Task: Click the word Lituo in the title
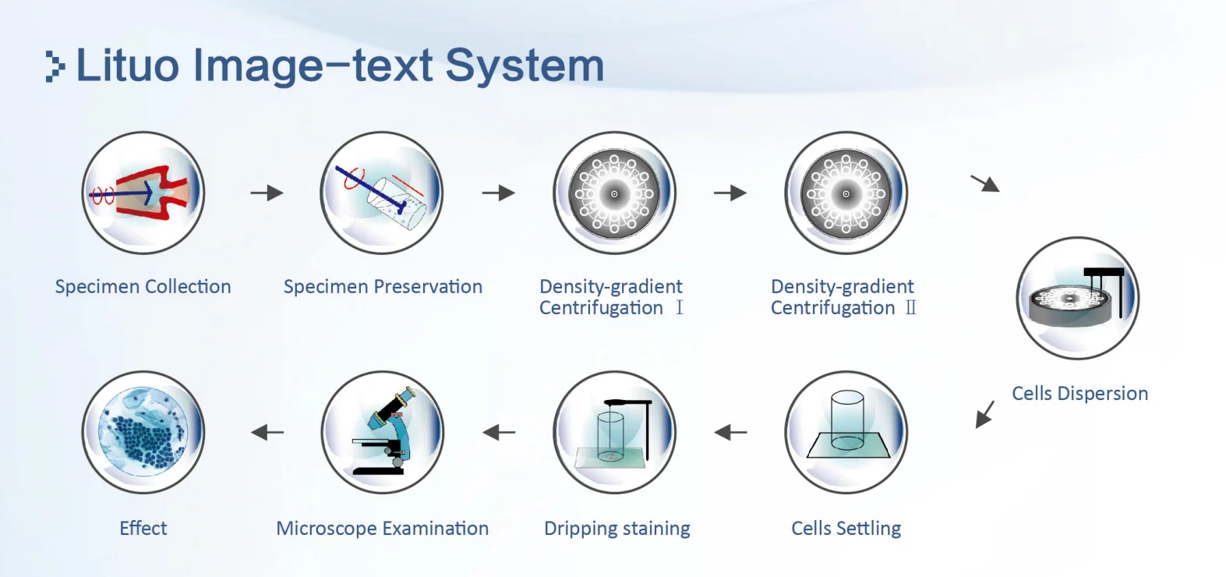click(x=128, y=65)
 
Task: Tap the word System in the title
click(x=525, y=68)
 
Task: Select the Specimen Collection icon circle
click(x=143, y=193)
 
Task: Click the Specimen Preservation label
click(x=383, y=286)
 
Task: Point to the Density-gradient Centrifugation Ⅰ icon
click(x=614, y=193)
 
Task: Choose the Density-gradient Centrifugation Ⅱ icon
click(x=846, y=193)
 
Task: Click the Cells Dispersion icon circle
click(x=1078, y=299)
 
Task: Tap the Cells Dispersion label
click(x=1080, y=393)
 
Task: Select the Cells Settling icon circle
click(x=846, y=433)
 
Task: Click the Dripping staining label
click(x=617, y=529)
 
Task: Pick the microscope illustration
click(x=384, y=431)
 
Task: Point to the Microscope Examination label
click(x=382, y=529)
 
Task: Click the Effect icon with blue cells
click(x=143, y=433)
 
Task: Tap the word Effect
click(x=143, y=528)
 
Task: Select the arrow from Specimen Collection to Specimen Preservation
click(x=267, y=193)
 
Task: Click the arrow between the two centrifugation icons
click(x=730, y=193)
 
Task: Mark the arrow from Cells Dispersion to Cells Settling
click(x=985, y=414)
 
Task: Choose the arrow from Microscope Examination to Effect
click(x=267, y=433)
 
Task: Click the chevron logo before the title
click(x=55, y=67)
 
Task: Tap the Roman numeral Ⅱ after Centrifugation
click(x=910, y=308)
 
